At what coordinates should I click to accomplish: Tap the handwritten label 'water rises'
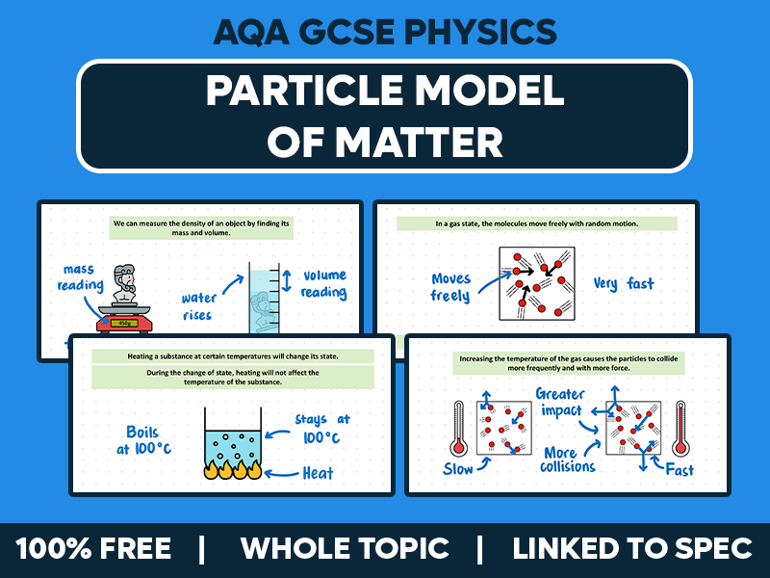(200, 306)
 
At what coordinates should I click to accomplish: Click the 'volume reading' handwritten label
(323, 283)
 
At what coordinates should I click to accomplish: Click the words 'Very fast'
(624, 283)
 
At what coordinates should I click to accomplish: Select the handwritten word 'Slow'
(460, 469)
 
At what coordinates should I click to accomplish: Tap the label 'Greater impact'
(560, 404)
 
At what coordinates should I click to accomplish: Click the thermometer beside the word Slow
(458, 428)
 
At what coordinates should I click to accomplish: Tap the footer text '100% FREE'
(93, 549)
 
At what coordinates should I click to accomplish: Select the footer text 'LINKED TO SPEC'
(631, 549)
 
